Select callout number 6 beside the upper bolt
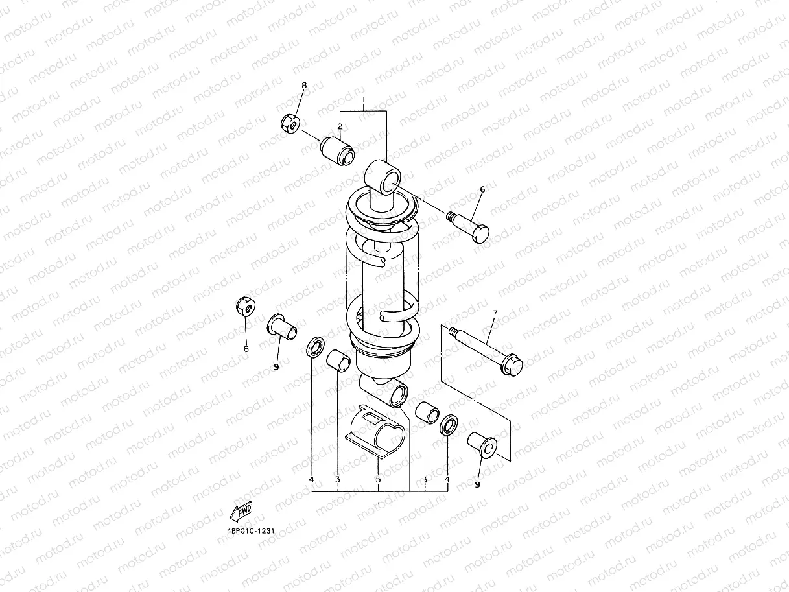tap(482, 189)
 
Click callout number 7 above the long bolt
tap(495, 313)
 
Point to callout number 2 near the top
tap(339, 126)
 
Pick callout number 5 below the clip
tap(378, 479)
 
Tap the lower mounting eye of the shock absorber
tap(397, 394)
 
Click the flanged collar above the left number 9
tap(283, 326)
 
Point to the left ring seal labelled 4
tap(316, 348)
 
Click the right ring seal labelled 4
tap(448, 425)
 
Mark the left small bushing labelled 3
tap(338, 360)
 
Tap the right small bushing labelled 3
tap(427, 413)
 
